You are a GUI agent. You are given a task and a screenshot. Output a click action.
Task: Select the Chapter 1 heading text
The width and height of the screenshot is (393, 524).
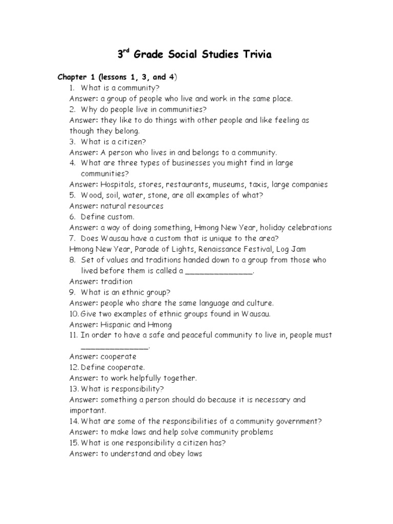117,77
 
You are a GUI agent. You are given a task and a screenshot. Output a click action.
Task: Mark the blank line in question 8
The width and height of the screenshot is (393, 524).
219,271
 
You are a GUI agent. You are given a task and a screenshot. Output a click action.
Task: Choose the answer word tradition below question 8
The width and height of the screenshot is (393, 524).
116,281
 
